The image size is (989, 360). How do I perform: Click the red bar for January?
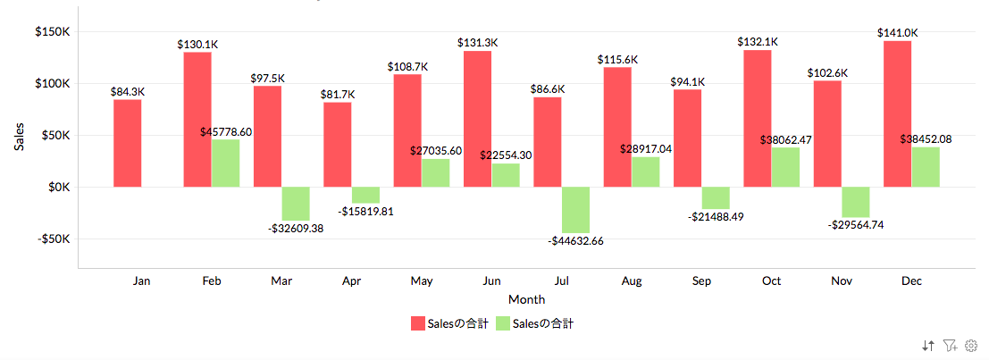coord(127,143)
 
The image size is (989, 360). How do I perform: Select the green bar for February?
coord(225,163)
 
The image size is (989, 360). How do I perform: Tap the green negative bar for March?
coord(295,204)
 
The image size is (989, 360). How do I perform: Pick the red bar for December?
coord(897,113)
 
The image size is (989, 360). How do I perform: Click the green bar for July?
coord(575,210)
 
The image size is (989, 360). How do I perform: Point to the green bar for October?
coord(785,167)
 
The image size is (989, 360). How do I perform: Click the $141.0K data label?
coord(898,33)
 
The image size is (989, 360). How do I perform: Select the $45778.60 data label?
coord(226,132)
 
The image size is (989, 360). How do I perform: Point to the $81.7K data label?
coord(338,94)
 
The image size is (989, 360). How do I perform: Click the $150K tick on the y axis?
coord(53,32)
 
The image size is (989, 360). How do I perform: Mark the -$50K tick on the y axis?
coord(53,239)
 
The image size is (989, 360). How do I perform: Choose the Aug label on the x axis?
coord(632,280)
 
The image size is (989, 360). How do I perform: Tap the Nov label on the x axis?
coord(842,280)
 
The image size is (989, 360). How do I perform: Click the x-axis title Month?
coord(526,299)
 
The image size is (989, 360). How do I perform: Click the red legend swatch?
coord(417,323)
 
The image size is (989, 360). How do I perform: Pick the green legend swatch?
coord(502,323)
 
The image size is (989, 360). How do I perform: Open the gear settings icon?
coord(971,344)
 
